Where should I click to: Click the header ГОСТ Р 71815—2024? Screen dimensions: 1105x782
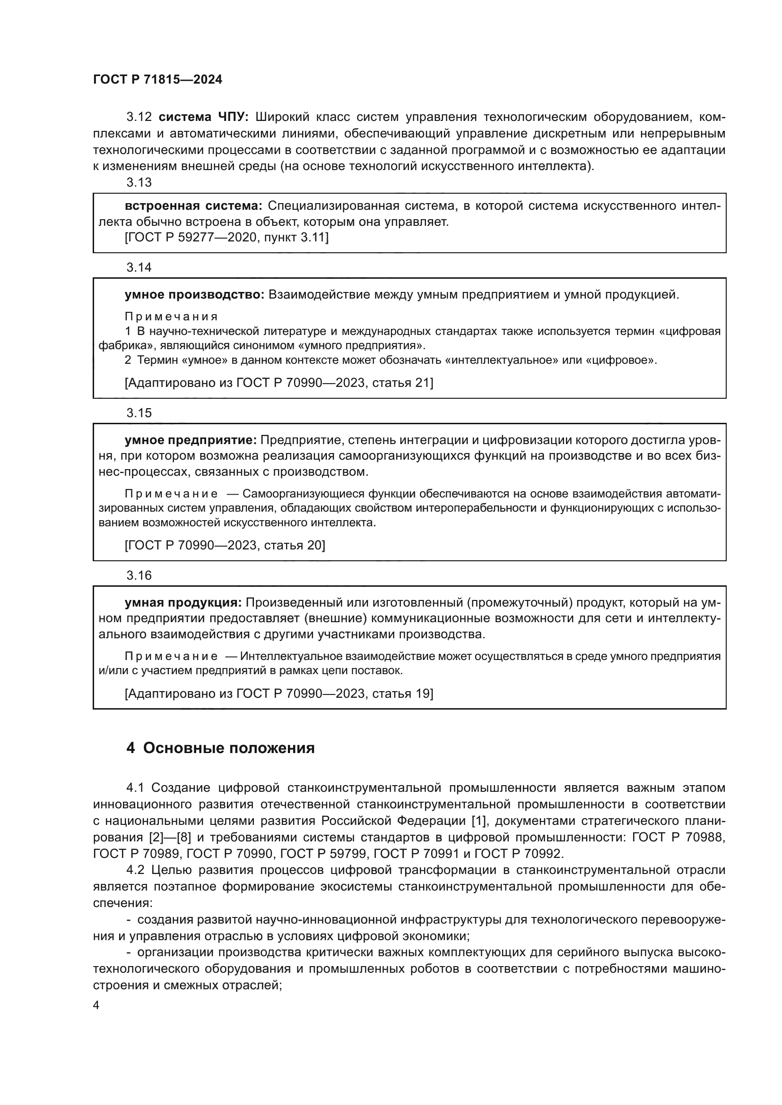157,80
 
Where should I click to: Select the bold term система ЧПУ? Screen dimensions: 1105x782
203,117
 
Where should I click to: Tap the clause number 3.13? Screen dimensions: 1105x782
139,182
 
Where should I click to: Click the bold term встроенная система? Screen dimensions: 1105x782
193,206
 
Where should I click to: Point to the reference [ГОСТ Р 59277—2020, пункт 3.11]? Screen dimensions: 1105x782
226,237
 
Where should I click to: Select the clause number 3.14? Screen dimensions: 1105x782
139,267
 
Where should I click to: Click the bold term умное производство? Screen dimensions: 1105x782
194,294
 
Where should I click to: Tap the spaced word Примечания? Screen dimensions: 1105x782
171,317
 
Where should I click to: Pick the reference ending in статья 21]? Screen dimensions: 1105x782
279,383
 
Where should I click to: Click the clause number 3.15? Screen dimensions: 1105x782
139,412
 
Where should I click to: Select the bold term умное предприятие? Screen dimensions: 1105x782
191,440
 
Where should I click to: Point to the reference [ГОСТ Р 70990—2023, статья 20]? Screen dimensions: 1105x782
225,545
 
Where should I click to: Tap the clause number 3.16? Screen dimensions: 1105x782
139,575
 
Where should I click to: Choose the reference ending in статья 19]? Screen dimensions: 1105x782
279,694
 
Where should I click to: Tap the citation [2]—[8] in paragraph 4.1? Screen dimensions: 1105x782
170,837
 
